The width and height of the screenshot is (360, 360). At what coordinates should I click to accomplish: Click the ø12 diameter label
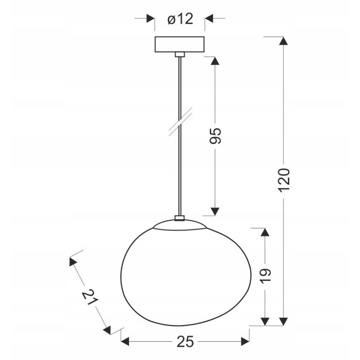[x=180, y=19]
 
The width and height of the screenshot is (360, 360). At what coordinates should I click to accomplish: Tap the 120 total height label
[x=283, y=180]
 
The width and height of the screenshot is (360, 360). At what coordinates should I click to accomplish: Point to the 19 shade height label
[x=265, y=275]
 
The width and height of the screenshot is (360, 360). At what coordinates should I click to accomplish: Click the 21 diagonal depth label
[x=89, y=297]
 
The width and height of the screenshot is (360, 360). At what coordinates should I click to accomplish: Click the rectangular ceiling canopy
[x=180, y=44]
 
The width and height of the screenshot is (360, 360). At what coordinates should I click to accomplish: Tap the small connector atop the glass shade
[x=180, y=218]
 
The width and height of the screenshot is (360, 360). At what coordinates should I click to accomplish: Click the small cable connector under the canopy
[x=180, y=54]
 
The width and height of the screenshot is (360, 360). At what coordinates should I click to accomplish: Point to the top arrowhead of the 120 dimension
[x=283, y=41]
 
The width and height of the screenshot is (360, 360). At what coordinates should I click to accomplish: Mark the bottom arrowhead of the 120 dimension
[x=283, y=322]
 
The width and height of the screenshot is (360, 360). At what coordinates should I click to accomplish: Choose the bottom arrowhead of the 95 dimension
[x=214, y=212]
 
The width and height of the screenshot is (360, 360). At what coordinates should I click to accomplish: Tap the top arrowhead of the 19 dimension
[x=265, y=231]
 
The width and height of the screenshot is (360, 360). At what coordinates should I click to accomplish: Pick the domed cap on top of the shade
[x=180, y=224]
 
